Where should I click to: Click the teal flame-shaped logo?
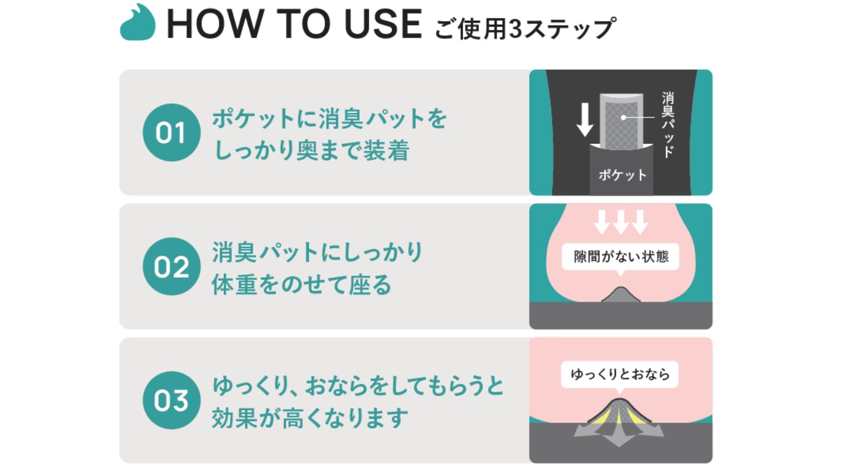138,23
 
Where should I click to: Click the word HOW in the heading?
215,24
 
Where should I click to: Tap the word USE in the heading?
383,24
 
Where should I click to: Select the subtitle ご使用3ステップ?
525,28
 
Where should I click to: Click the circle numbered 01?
171,133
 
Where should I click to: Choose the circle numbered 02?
171,266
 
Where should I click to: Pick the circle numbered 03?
171,400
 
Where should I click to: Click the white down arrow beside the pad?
585,120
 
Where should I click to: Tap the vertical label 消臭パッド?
668,125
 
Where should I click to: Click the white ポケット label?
622,175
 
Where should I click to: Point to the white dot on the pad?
623,118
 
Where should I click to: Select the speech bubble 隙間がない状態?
621,256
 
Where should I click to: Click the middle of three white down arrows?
621,222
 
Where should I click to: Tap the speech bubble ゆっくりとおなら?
620,375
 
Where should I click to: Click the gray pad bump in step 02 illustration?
620,295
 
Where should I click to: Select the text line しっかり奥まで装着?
311,151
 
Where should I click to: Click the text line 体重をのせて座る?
302,285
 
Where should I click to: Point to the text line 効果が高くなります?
309,418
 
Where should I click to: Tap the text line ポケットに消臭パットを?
330,119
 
